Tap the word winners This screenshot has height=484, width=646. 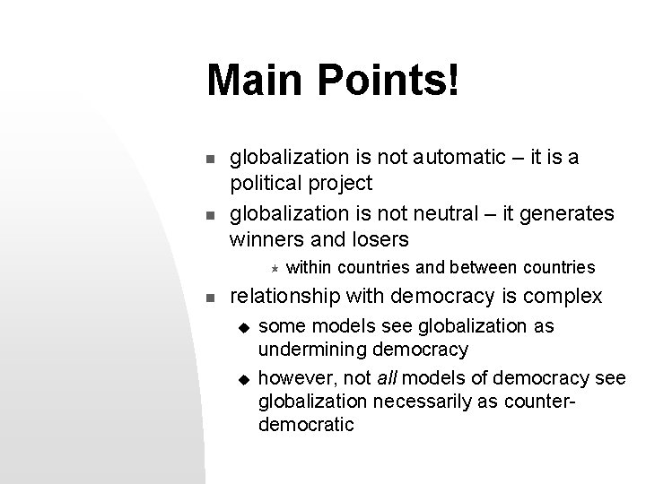pos(267,239)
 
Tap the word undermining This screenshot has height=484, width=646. pos(313,349)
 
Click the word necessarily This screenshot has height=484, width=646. pos(423,400)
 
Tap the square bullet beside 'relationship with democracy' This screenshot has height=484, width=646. pos(209,297)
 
